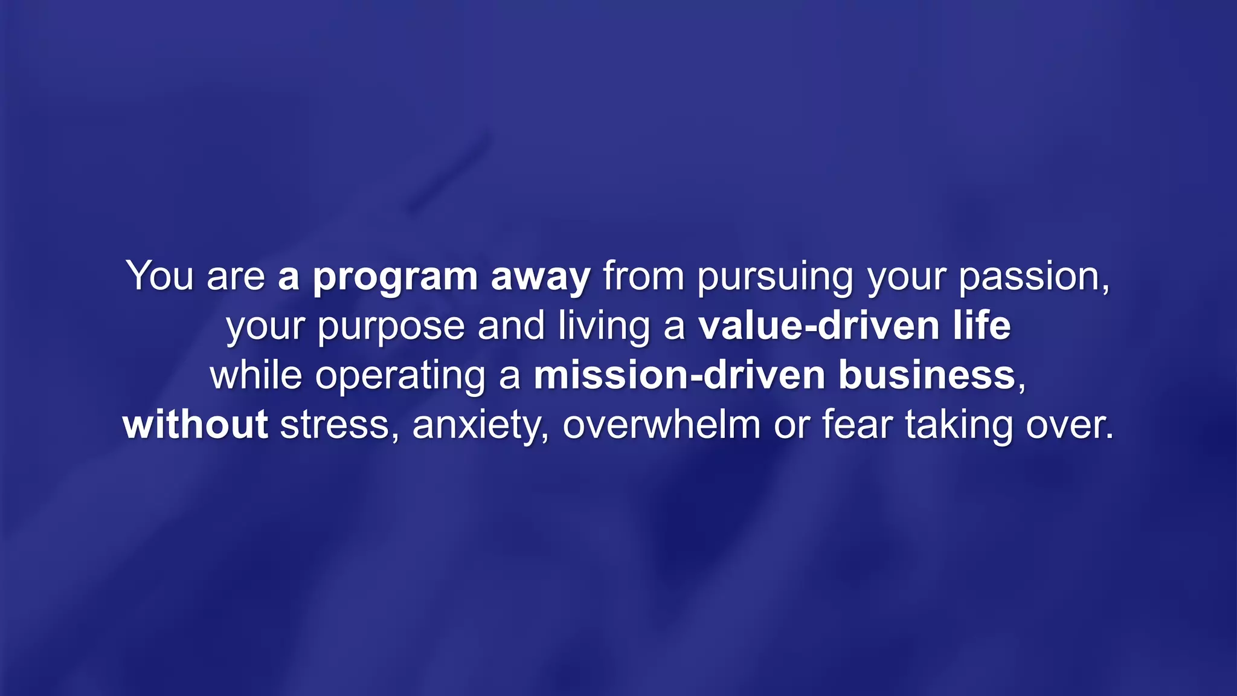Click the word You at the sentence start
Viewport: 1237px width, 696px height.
pos(159,276)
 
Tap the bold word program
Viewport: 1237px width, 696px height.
pos(395,279)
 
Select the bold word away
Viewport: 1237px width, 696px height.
pos(541,279)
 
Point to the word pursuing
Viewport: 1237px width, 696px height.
pos(776,279)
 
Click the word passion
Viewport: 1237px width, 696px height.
pos(1033,279)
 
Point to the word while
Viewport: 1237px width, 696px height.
pos(255,375)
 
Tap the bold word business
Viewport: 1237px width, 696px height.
pos(927,375)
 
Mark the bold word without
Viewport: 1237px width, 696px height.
pos(195,425)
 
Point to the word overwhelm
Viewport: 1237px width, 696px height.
pos(661,425)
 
